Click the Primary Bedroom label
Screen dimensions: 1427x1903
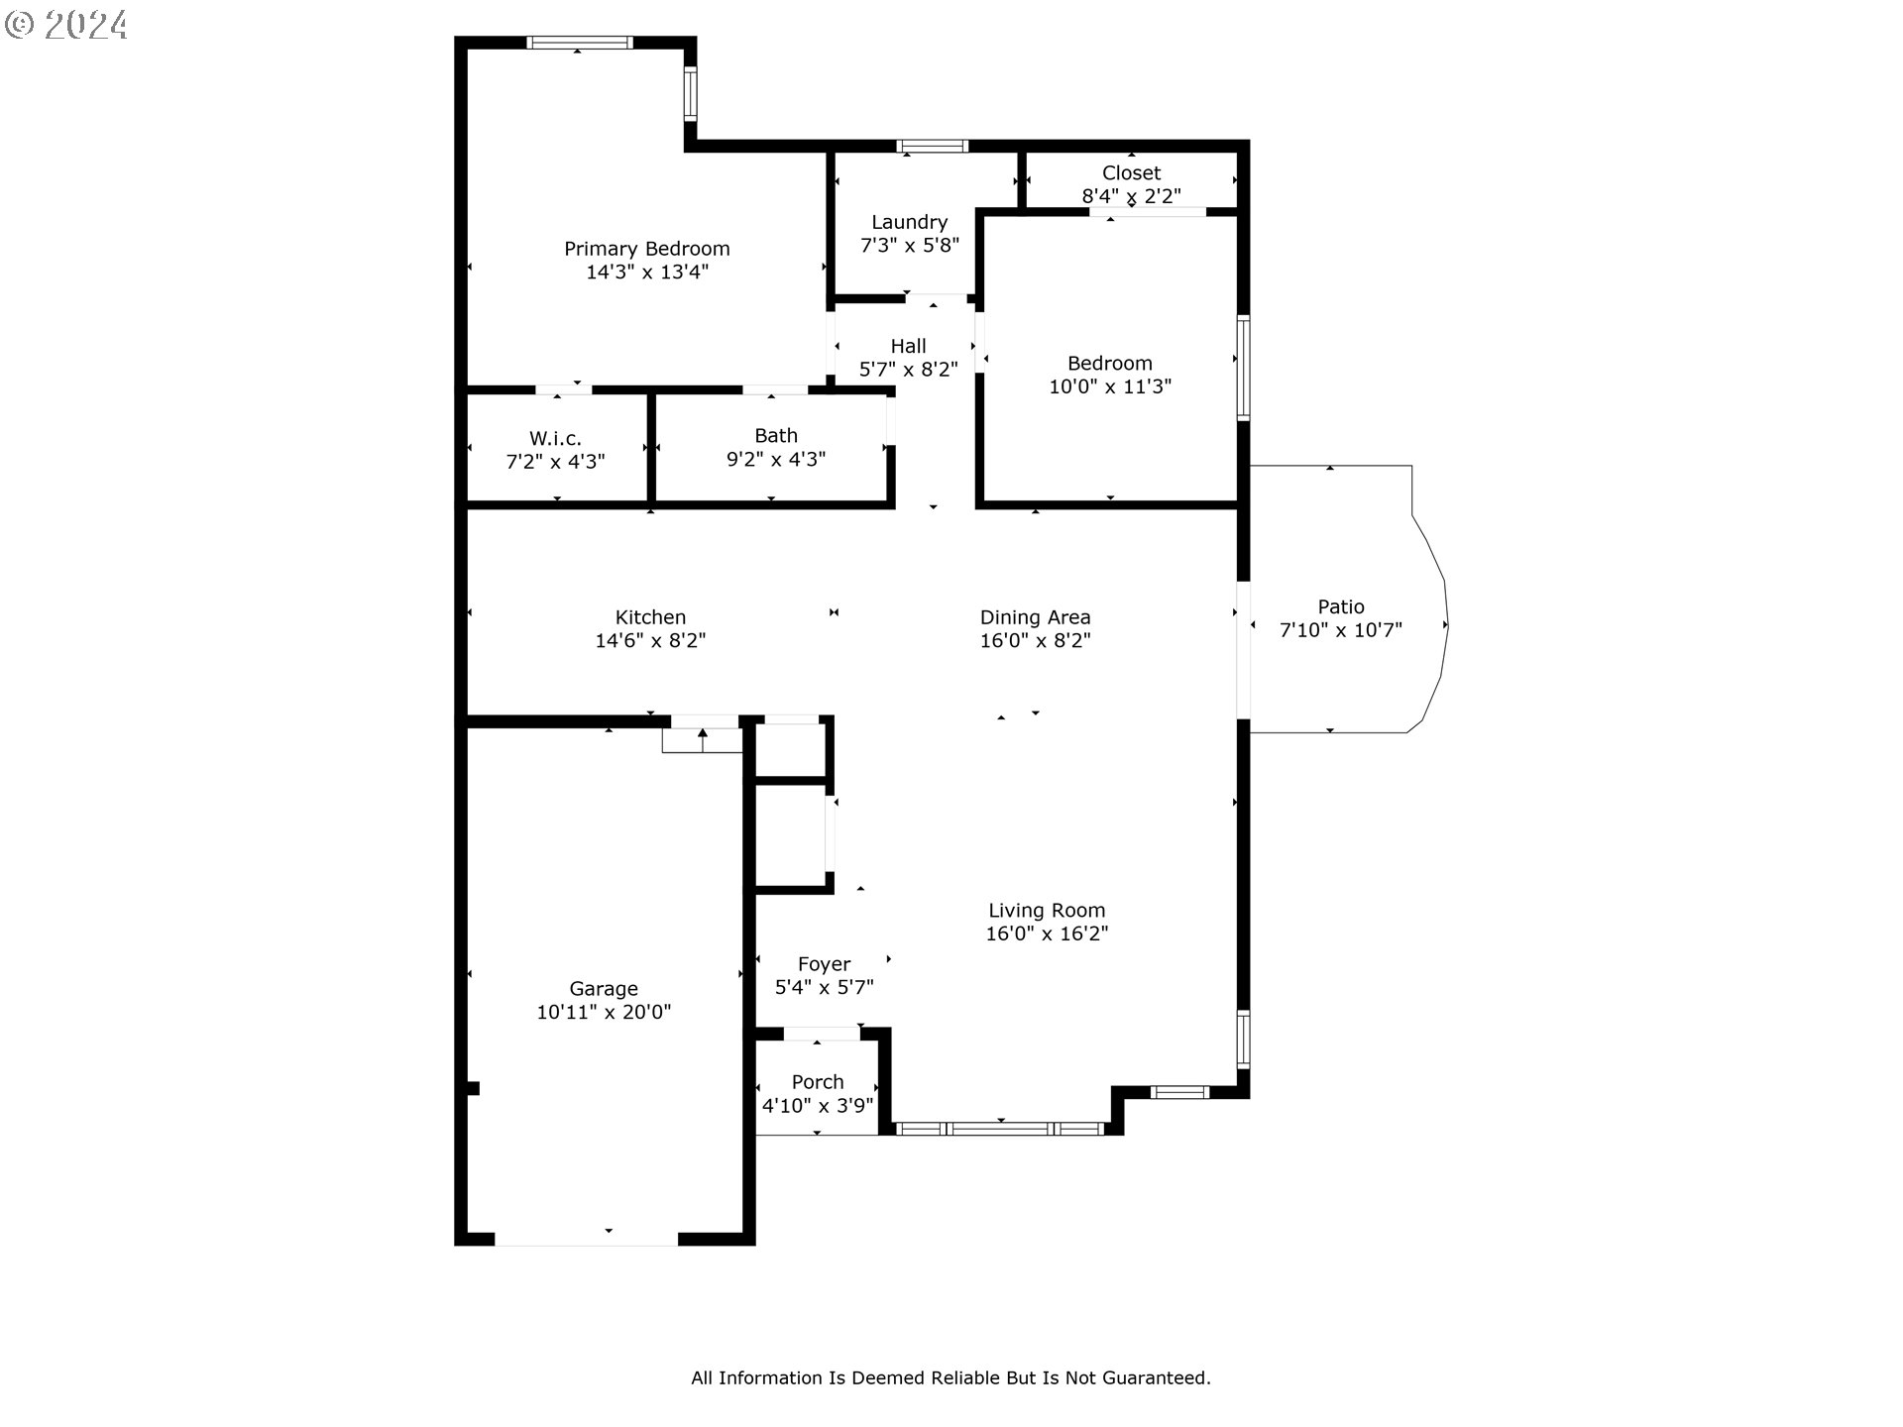pyautogui.click(x=646, y=249)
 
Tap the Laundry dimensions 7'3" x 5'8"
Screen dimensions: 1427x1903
pyautogui.click(x=909, y=246)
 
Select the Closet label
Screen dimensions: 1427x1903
pyautogui.click(x=1131, y=173)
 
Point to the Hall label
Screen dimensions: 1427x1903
pyautogui.click(x=908, y=346)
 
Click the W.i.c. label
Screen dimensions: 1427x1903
pyautogui.click(x=555, y=438)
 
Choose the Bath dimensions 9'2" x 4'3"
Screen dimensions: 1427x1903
pyautogui.click(x=775, y=460)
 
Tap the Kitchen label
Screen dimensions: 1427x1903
pyautogui.click(x=650, y=617)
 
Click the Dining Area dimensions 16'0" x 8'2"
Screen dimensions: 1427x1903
pyautogui.click(x=1035, y=641)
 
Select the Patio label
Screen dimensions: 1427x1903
pyautogui.click(x=1340, y=606)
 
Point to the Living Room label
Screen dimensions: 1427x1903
pyautogui.click(x=1046, y=910)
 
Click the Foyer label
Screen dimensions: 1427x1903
pyautogui.click(x=824, y=964)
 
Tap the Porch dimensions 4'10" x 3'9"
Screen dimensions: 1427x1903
pyautogui.click(x=817, y=1105)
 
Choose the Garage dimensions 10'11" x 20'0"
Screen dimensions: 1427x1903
pyautogui.click(x=604, y=1013)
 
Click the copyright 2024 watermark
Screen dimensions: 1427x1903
pyautogui.click(x=66, y=24)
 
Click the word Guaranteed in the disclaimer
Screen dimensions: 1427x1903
pyautogui.click(x=1159, y=1377)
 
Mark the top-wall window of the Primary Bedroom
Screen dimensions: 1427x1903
pyautogui.click(x=580, y=43)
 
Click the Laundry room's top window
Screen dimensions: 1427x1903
pyautogui.click(x=932, y=147)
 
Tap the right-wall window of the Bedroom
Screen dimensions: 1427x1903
pyautogui.click(x=1242, y=368)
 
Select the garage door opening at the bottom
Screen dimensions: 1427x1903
pyautogui.click(x=586, y=1239)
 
